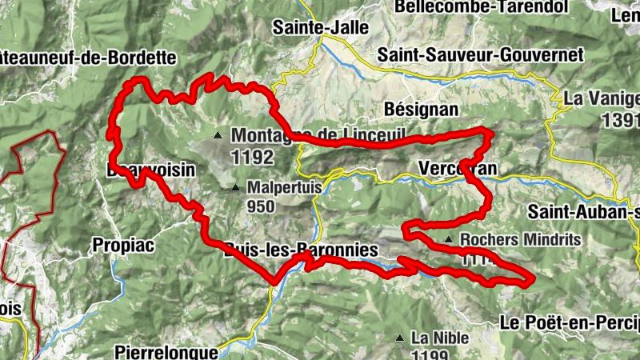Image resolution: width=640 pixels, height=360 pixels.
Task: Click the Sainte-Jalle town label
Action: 321,27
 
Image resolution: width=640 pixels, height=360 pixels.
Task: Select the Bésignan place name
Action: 421,108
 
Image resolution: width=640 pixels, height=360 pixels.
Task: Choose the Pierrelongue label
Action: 166,351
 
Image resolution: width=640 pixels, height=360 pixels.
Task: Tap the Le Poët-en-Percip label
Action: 570,322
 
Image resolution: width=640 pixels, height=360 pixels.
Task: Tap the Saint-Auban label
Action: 583,212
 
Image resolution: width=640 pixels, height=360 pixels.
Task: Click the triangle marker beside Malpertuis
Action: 234,188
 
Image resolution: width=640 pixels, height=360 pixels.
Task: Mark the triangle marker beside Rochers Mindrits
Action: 450,239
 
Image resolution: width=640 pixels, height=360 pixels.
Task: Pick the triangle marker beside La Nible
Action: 399,338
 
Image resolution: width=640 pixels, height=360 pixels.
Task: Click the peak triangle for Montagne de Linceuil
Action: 218,134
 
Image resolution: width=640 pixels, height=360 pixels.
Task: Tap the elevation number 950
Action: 261,206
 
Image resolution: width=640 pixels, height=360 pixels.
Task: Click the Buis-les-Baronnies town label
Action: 302,250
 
